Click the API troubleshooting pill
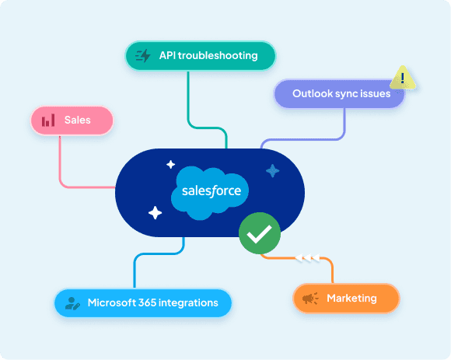point(201,56)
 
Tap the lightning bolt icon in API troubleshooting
point(143,55)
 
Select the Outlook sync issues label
point(341,94)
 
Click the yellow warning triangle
point(403,78)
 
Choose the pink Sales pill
point(72,121)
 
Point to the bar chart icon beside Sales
point(48,121)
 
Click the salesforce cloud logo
point(210,193)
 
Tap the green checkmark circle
point(260,233)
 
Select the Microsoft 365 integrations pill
point(143,302)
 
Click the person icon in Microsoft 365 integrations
point(72,303)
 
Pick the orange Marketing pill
point(346,298)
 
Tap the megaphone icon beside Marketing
point(310,299)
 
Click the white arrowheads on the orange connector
point(307,258)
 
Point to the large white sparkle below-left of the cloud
point(155,213)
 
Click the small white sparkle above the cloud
point(170,165)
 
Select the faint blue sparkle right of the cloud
point(272,171)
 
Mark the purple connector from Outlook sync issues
point(316,139)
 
